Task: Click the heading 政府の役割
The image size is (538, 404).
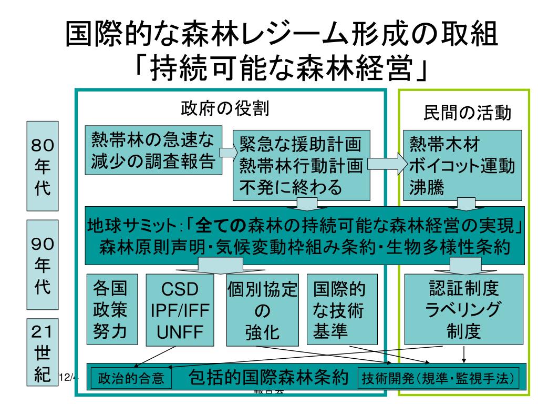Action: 225,109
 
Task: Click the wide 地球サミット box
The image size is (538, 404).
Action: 305,238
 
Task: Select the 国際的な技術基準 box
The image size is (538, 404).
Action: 342,310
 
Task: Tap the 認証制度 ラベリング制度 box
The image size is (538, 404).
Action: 464,309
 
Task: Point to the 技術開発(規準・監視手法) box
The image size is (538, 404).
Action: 437,378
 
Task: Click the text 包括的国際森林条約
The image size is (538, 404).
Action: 268,377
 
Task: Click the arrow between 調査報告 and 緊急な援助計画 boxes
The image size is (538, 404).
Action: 226,151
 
